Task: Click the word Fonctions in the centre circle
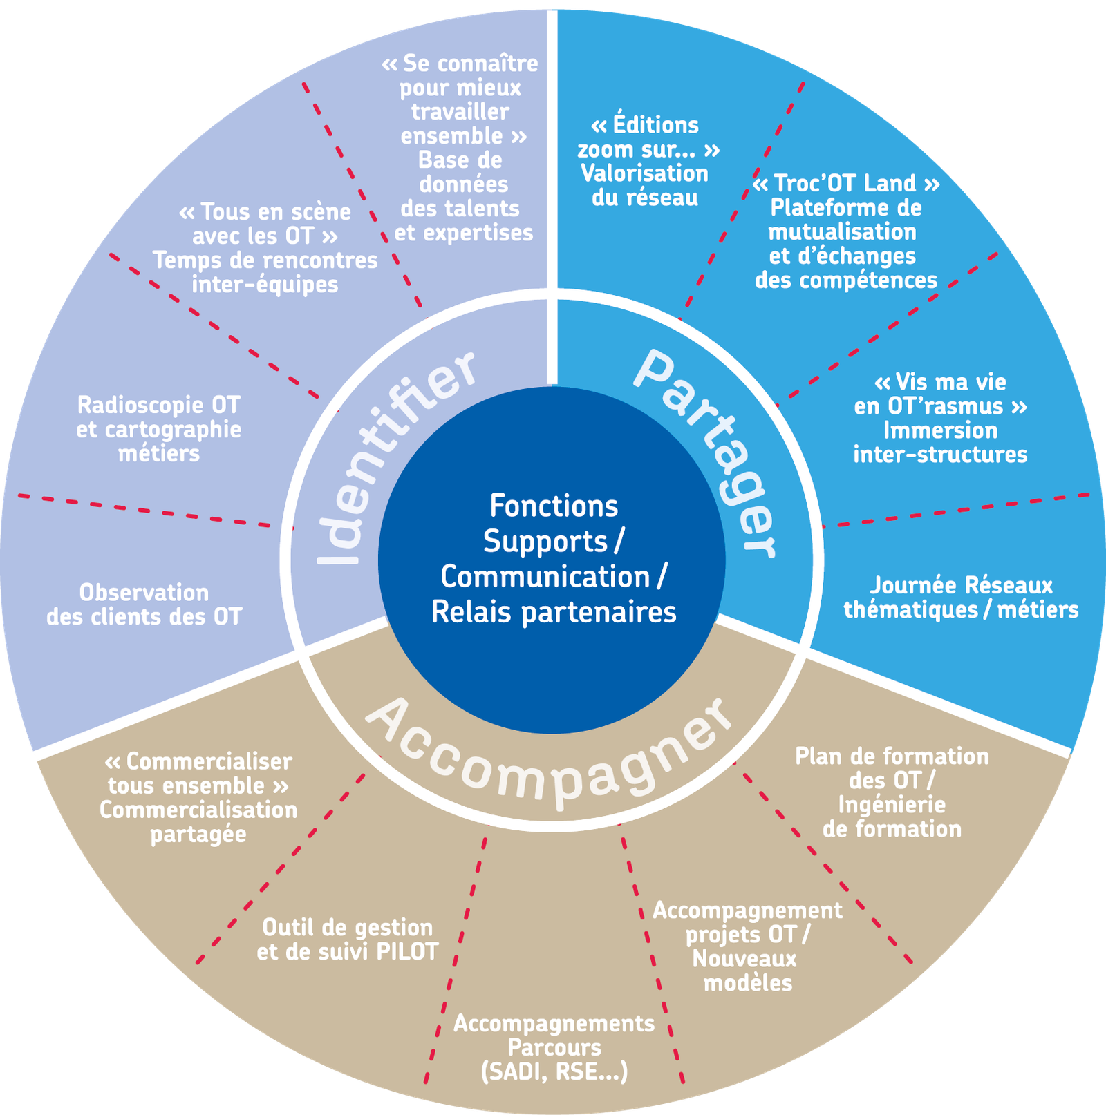(x=554, y=506)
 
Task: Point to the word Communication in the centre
(x=545, y=577)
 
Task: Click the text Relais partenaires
(x=554, y=612)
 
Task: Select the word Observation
(x=144, y=593)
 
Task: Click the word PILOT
(x=407, y=952)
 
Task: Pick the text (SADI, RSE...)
(x=554, y=1072)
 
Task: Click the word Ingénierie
(x=892, y=805)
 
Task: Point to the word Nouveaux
(x=744, y=959)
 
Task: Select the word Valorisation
(x=644, y=174)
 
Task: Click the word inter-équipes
(x=265, y=285)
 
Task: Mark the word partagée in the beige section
(x=198, y=835)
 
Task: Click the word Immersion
(x=940, y=430)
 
